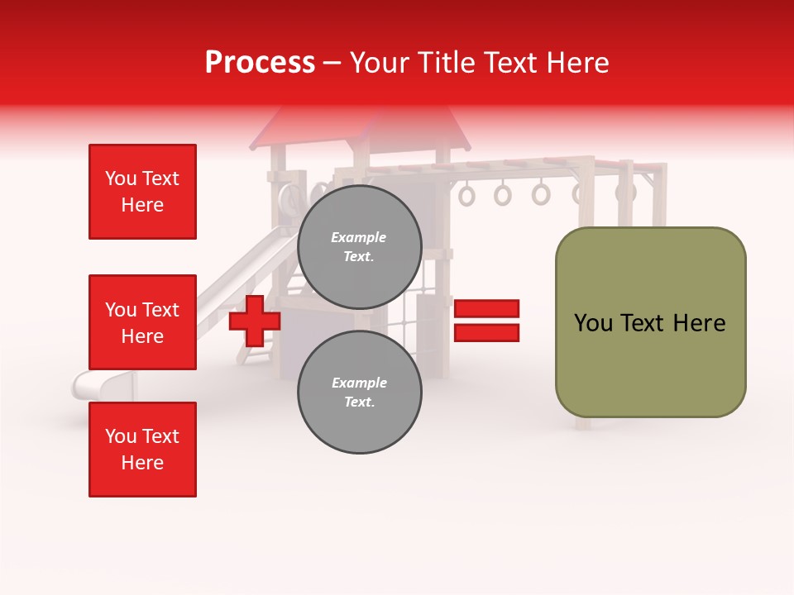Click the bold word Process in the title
pos(260,63)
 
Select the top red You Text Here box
pos(142,192)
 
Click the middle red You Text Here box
pos(142,322)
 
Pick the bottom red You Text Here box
pos(142,450)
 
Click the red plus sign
pos(254,321)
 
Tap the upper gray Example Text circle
pos(360,247)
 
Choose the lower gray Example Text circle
pos(360,393)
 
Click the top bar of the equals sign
pos(486,309)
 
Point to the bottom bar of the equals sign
pos(486,332)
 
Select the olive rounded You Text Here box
pos(650,322)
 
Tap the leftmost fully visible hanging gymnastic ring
pos(467,196)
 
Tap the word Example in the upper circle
pos(359,237)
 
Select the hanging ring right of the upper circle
pos(503,195)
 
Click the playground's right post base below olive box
pos(584,423)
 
